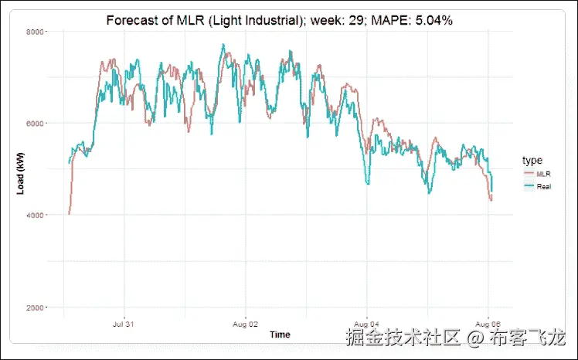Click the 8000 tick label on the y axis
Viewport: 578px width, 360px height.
34,32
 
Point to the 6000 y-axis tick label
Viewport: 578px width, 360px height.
34,124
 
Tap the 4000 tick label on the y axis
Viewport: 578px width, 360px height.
34,215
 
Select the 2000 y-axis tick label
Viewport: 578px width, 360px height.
34,307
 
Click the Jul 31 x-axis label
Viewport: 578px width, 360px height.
124,324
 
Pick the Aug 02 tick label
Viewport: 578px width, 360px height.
245,324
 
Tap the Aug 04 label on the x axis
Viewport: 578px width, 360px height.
366,324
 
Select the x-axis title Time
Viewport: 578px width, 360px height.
280,335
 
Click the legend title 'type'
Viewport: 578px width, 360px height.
532,160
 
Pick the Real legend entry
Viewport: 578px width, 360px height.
542,187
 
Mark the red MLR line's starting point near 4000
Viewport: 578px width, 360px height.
69,214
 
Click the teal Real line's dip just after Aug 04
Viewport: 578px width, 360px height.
368,183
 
